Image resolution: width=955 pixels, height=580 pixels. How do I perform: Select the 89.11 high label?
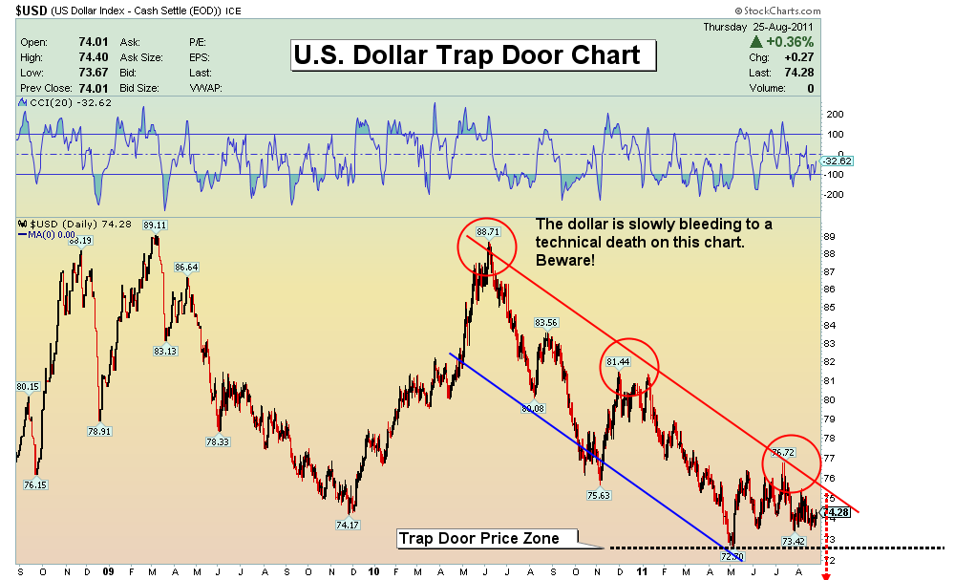(155, 226)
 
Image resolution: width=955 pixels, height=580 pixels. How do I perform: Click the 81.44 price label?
(618, 363)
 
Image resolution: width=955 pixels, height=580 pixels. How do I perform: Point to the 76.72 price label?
(783, 452)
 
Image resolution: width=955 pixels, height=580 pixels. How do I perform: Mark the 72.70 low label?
(732, 555)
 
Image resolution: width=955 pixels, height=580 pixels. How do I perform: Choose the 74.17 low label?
(348, 525)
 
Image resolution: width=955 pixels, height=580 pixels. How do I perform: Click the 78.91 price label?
(99, 431)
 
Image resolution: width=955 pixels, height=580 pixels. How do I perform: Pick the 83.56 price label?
(546, 322)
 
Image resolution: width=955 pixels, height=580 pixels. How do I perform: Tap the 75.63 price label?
(599, 495)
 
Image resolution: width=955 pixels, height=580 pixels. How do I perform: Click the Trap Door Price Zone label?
(478, 539)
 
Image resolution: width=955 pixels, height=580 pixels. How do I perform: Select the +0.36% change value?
(789, 42)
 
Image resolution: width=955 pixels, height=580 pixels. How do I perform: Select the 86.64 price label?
(186, 268)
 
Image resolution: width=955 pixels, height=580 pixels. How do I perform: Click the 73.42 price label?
(795, 541)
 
